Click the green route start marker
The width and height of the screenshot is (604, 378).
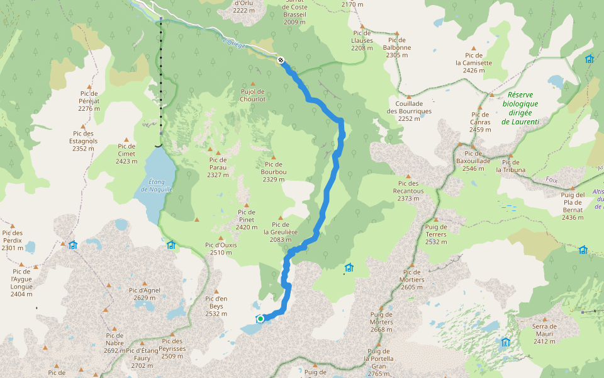260,319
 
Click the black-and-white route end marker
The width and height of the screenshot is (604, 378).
281,60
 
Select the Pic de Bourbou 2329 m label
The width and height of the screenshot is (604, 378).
274,175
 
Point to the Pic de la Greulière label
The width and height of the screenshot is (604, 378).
281,231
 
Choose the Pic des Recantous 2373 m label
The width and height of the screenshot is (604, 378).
408,191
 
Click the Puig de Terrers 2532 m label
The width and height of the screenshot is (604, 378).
436,234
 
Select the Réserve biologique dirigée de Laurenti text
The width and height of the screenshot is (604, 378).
520,108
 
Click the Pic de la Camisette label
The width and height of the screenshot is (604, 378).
474,63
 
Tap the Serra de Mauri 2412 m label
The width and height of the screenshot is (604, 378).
545,334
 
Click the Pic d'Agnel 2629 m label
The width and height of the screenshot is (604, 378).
145,294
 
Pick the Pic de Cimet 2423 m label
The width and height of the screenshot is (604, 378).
126,157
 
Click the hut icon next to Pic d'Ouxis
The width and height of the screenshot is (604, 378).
171,244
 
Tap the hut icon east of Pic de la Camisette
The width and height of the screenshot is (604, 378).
590,59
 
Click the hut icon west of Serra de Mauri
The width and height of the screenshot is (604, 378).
506,342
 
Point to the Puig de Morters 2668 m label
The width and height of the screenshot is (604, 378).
381,322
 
